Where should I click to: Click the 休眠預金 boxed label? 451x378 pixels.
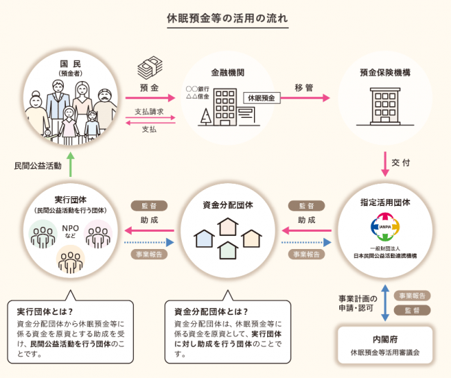261,98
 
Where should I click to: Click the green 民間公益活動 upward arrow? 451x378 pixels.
70,166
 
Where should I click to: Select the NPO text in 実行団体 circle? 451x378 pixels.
69,227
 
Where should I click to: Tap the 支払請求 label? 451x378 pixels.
148,112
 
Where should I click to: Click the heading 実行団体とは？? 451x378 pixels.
46,311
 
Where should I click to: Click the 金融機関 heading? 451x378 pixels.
226,72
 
